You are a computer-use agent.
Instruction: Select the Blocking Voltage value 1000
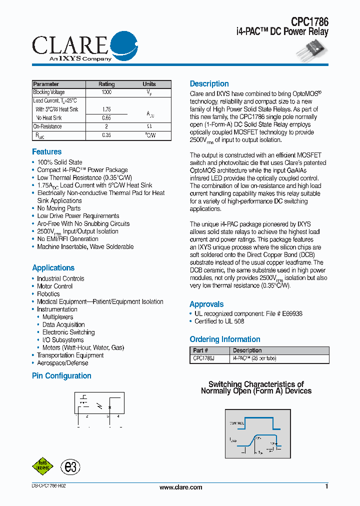[x=106, y=92]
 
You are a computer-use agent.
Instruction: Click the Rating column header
[x=106, y=84]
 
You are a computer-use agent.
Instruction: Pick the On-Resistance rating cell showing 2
[x=106, y=126]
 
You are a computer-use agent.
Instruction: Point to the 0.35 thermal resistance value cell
[x=106, y=135]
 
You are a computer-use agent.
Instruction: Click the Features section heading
[x=47, y=152]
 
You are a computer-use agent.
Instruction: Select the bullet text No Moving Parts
[x=58, y=208]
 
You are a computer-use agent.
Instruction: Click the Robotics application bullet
[x=48, y=294]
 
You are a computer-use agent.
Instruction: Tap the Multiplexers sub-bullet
[x=57, y=317]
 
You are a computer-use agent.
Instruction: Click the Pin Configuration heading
[x=61, y=376]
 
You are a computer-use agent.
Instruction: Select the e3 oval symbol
[x=70, y=467]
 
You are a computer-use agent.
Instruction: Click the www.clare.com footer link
[x=180, y=487]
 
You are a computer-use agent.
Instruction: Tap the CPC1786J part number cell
[x=203, y=358]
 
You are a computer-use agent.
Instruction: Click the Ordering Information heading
[x=225, y=339]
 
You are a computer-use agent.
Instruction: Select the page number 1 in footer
[x=326, y=486]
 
